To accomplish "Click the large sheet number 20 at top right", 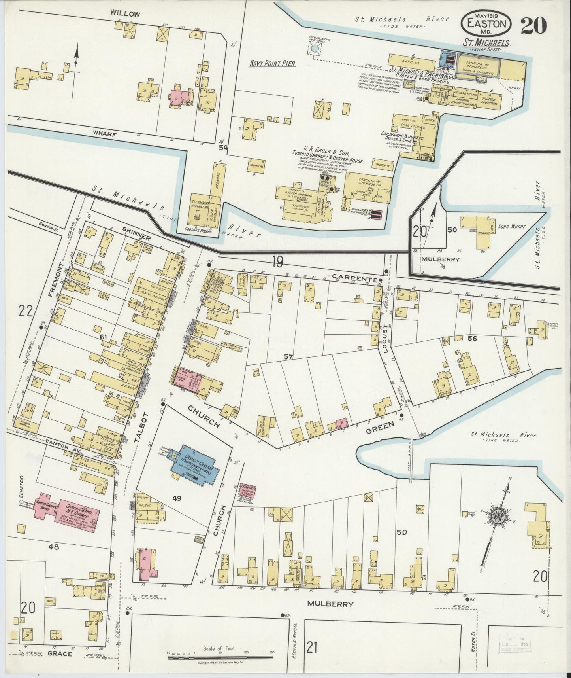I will point(533,27).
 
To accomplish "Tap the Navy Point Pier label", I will point(273,63).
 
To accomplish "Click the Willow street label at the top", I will point(125,14).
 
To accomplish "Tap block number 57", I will point(288,357).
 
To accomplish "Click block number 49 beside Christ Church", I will point(177,498).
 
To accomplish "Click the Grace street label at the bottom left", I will point(60,665).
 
